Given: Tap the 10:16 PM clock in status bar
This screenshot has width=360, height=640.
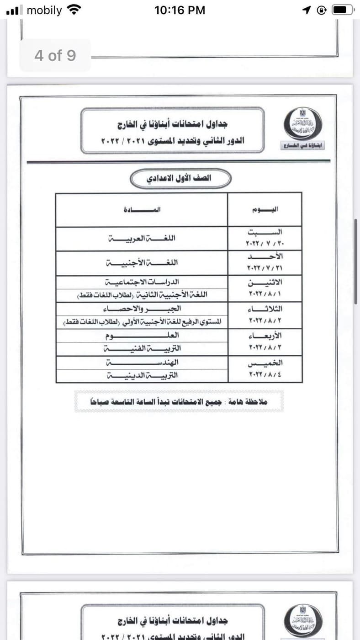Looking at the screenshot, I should (x=180, y=10).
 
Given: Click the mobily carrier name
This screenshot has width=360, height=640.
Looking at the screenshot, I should (x=44, y=10).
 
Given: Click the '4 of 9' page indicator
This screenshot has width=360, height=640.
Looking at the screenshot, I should (x=55, y=56).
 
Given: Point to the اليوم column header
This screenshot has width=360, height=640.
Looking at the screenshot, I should (x=265, y=209).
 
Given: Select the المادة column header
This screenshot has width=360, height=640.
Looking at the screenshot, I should (x=142, y=209).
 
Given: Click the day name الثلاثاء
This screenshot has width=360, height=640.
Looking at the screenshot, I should (x=265, y=309).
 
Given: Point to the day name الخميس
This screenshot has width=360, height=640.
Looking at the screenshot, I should (x=265, y=363).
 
